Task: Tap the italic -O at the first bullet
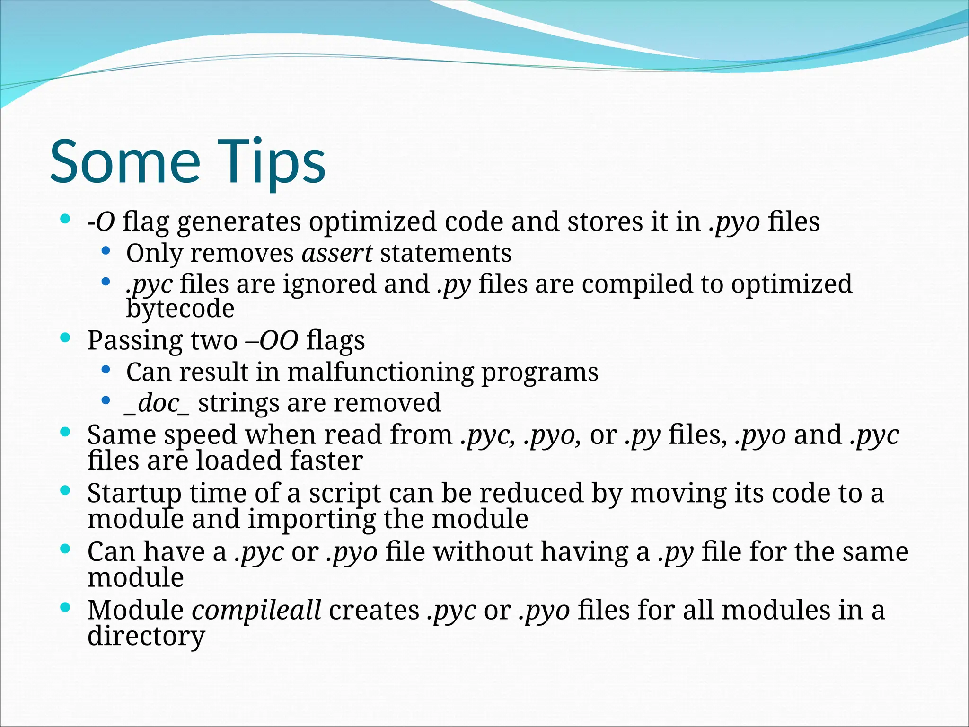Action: (x=101, y=222)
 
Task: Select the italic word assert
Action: (x=337, y=253)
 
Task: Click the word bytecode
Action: (x=180, y=309)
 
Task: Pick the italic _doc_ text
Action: (x=157, y=403)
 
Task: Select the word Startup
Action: (x=134, y=493)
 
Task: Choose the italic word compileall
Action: (x=256, y=610)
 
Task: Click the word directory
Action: (x=146, y=636)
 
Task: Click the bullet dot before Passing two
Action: (x=66, y=338)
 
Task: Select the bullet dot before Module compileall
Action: (x=66, y=607)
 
